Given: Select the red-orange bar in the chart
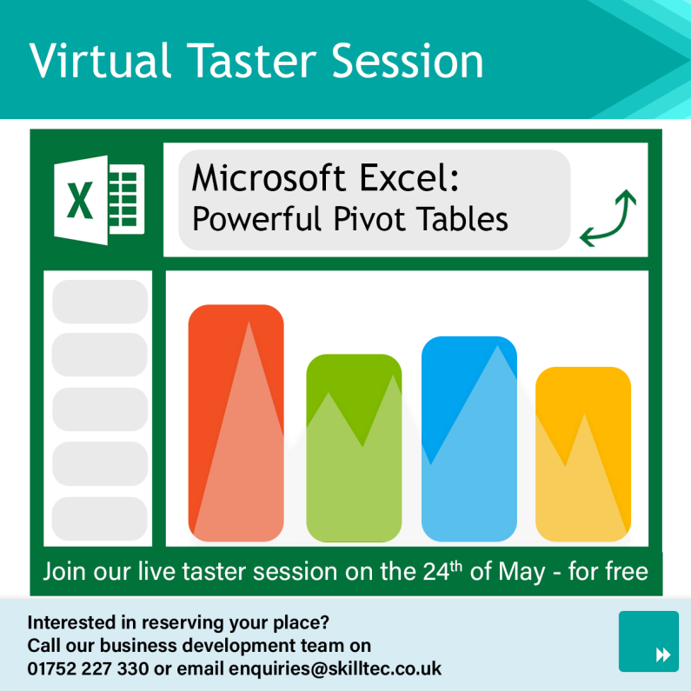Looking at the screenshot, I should tap(236, 422).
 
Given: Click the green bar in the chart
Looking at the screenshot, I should tap(354, 448).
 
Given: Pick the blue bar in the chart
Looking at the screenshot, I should tap(468, 439).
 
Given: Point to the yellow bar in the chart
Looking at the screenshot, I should tap(582, 454).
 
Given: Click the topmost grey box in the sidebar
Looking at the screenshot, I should tap(100, 301).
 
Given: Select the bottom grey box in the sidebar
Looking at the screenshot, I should tap(100, 519).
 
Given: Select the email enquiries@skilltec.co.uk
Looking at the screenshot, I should tap(335, 668).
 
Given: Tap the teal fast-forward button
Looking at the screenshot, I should tap(648, 641).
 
